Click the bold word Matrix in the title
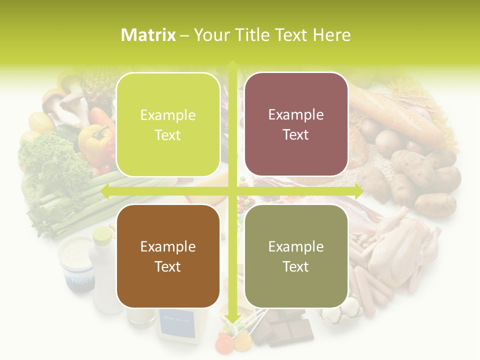click(x=148, y=35)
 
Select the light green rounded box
click(x=168, y=125)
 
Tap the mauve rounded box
click(x=296, y=124)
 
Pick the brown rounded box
click(x=168, y=256)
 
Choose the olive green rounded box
click(x=296, y=256)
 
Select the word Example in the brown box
click(x=168, y=247)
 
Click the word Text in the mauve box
click(x=296, y=135)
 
